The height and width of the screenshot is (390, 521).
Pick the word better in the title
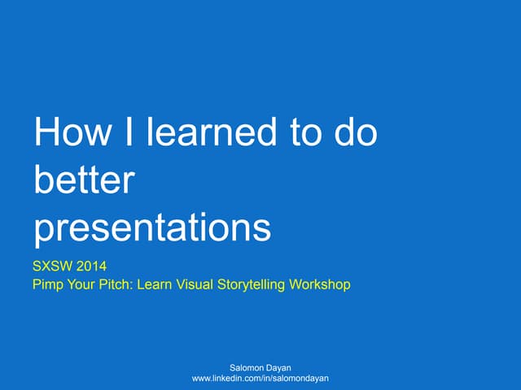82,180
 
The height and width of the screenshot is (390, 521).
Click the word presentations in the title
152,228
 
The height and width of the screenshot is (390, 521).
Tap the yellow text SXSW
51,266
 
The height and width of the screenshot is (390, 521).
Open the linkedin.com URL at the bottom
260,379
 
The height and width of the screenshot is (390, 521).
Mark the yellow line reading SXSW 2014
69,266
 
